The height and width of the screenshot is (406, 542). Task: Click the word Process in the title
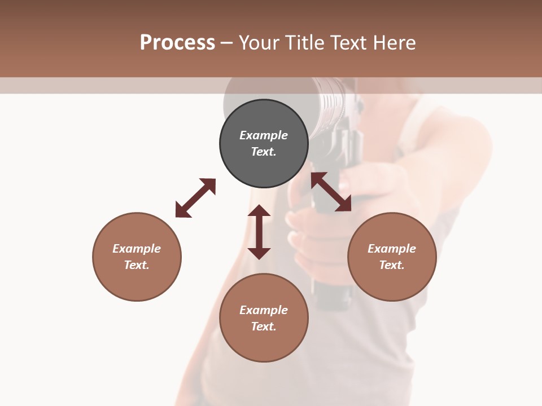tap(177, 43)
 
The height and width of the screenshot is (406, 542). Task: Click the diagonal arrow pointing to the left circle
tap(195, 198)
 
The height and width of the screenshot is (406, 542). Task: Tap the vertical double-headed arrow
tap(259, 232)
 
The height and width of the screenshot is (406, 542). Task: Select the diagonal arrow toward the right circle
tap(331, 192)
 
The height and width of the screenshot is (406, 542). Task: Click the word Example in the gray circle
tap(264, 135)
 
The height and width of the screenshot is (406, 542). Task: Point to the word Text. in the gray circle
tap(264, 152)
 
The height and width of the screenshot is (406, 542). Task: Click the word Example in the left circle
tap(137, 249)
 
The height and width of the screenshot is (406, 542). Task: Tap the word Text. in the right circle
tap(392, 265)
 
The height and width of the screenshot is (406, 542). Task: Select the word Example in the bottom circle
tap(264, 310)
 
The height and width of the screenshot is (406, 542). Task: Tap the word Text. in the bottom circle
tap(264, 326)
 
